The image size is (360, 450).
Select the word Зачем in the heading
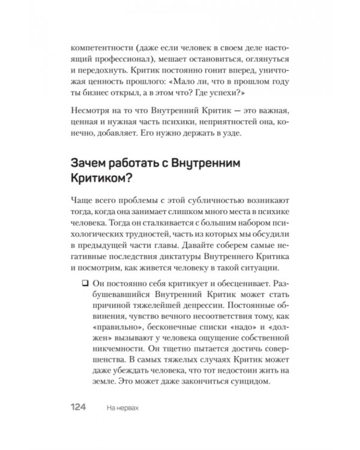click(x=86, y=164)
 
